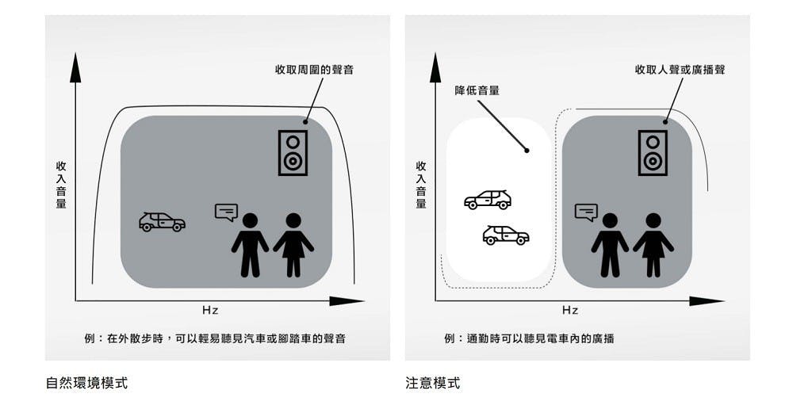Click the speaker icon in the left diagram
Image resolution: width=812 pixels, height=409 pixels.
tap(293, 153)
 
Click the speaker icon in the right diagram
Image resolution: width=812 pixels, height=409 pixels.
tap(653, 153)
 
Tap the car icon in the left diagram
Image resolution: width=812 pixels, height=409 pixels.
tap(162, 222)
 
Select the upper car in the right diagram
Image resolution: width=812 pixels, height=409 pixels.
tap(488, 200)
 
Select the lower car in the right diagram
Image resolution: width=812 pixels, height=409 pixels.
tap(506, 235)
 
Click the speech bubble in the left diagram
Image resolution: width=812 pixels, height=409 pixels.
tap(226, 212)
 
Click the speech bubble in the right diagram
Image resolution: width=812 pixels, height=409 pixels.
tap(586, 212)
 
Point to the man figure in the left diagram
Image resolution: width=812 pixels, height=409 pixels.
tap(250, 245)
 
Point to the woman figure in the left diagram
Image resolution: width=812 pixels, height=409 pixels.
tap(293, 245)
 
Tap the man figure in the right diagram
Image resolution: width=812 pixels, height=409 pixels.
tap(610, 245)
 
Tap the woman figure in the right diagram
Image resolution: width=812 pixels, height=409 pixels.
tap(653, 245)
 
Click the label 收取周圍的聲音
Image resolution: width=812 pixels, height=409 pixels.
tap(314, 70)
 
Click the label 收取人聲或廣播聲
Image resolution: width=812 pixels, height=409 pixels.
tap(680, 70)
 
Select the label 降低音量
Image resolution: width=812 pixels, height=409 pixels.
tap(477, 90)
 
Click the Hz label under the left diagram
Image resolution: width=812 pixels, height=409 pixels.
tap(209, 311)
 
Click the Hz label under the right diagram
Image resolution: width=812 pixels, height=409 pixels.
tap(569, 311)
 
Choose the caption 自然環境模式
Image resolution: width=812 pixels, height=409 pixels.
tap(86, 383)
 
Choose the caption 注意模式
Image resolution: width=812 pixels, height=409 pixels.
tap(433, 383)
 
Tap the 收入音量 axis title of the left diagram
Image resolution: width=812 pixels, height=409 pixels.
tap(61, 185)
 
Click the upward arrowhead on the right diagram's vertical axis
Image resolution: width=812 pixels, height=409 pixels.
tap(435, 68)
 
